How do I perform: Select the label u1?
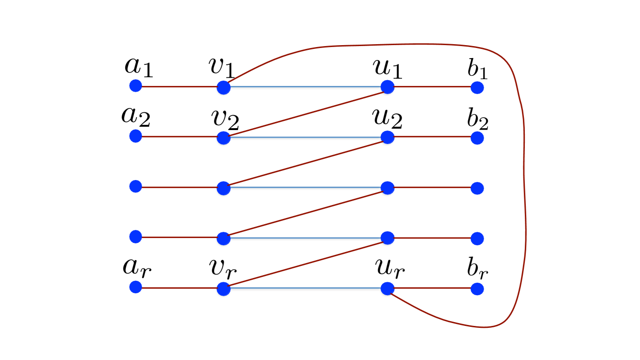[x=387, y=69]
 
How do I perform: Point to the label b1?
[x=477, y=70]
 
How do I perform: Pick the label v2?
[x=225, y=119]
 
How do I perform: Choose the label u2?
[x=387, y=119]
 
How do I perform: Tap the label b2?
[x=478, y=120]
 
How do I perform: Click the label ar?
[x=137, y=268]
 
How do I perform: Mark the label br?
[x=478, y=272]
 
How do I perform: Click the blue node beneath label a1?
[x=136, y=86]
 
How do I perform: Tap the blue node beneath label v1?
[x=224, y=87]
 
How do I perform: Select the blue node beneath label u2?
[x=387, y=137]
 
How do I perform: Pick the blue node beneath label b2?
[x=477, y=138]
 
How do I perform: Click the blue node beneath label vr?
[x=224, y=289]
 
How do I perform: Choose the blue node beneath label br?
[x=477, y=289]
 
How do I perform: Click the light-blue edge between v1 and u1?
[x=305, y=87]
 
